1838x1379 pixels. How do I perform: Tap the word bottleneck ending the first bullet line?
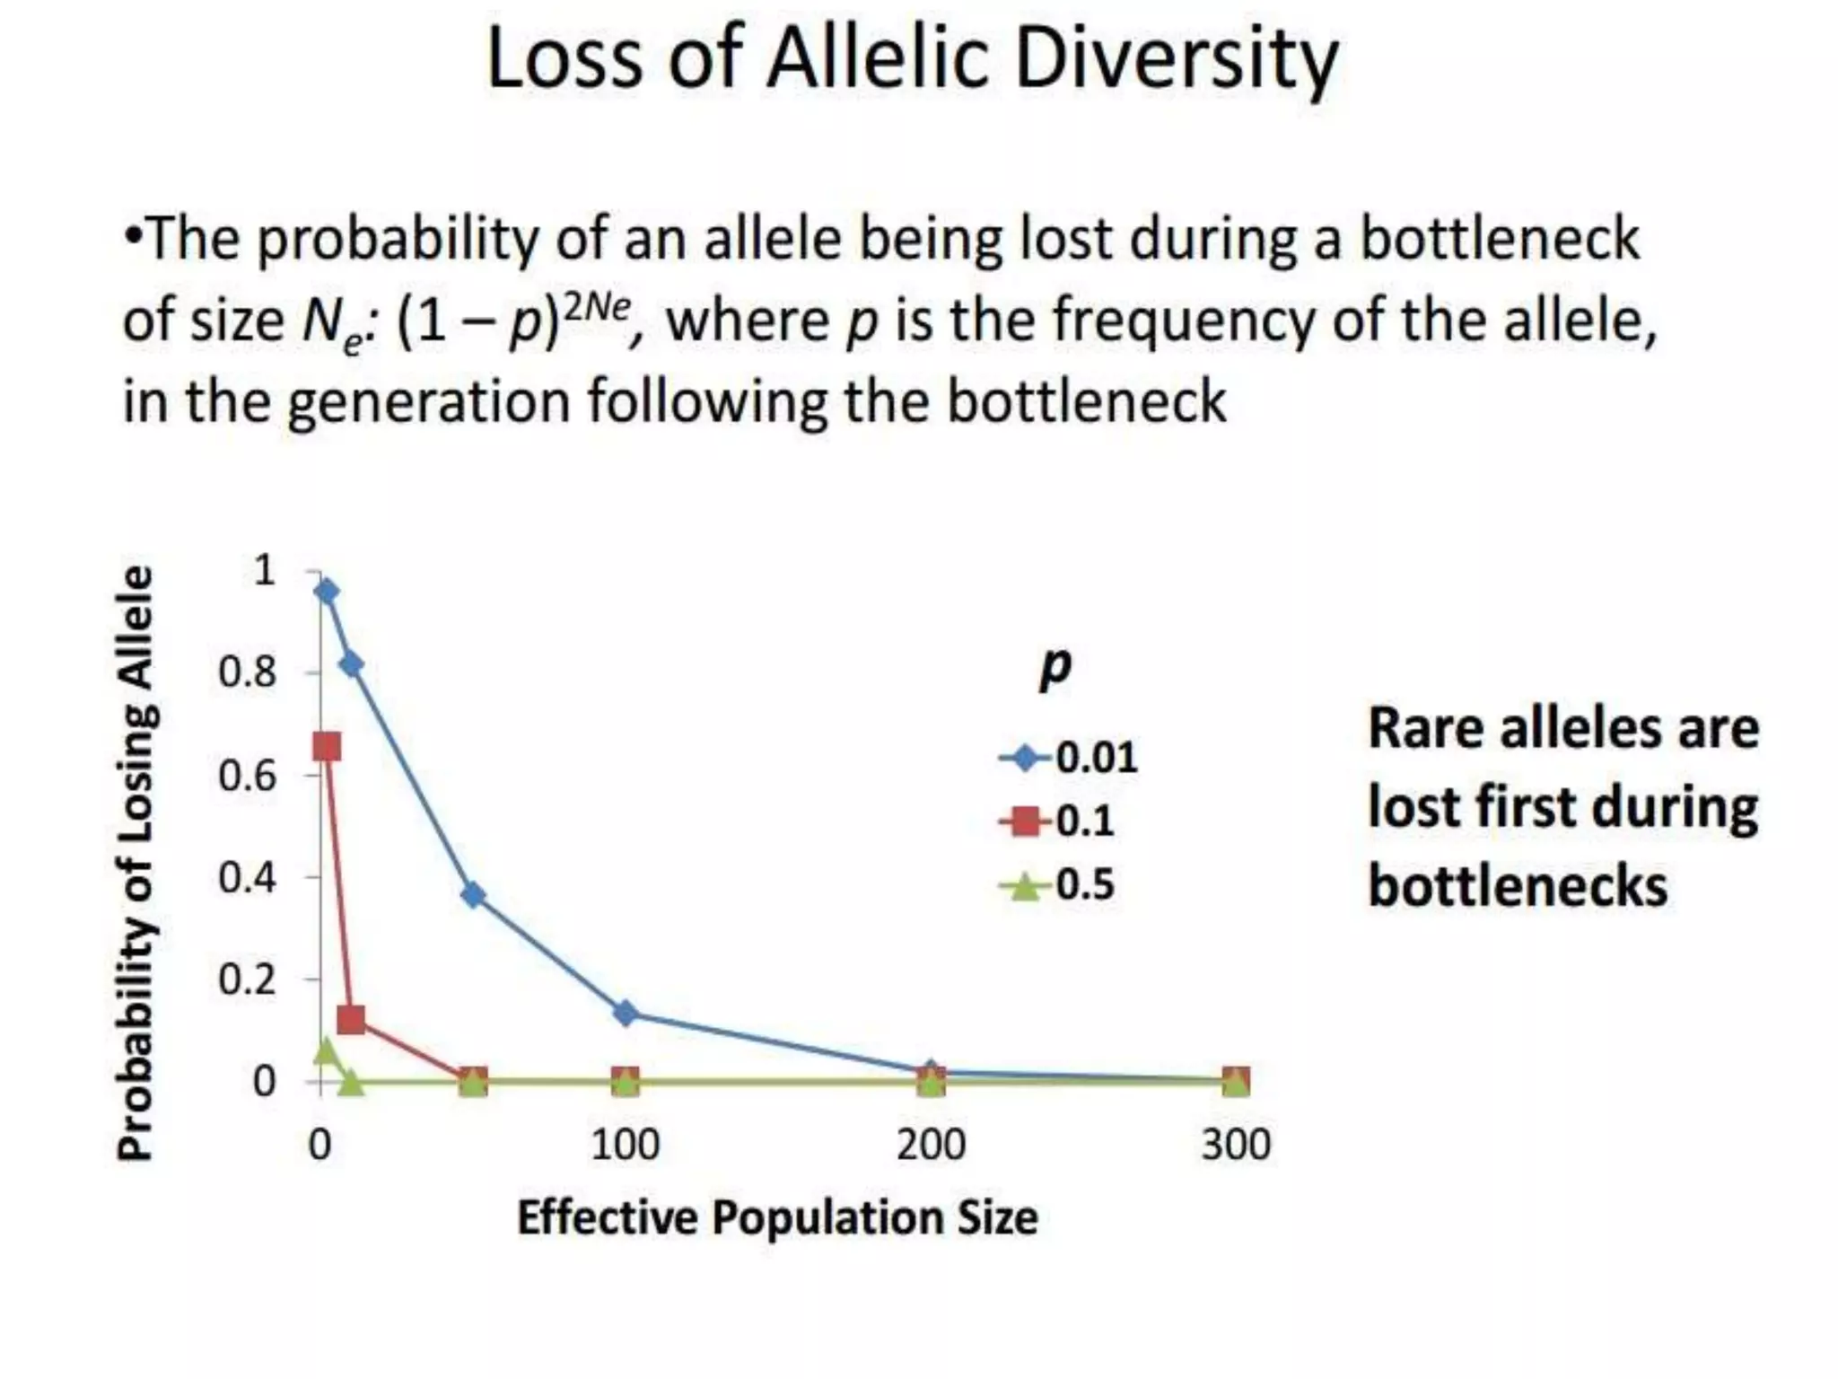[x=1500, y=241]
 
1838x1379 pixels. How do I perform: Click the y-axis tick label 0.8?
[x=247, y=672]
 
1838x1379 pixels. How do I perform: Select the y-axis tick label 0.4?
[x=247, y=877]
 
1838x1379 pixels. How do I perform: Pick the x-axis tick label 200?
[x=931, y=1146]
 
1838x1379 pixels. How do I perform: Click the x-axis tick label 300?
[x=1236, y=1146]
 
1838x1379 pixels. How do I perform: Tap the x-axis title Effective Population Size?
[x=777, y=1218]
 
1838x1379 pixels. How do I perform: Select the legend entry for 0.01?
[x=1068, y=758]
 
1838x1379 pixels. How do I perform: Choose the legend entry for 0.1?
[x=1057, y=821]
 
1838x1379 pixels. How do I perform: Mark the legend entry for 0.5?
[x=1057, y=885]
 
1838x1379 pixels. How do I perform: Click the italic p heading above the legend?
[x=1055, y=666]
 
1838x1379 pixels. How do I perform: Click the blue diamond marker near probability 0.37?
[x=473, y=895]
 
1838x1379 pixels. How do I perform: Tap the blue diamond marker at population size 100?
[x=626, y=1014]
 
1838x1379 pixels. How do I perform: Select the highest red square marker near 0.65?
[x=327, y=746]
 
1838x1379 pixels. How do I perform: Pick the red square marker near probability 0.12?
[x=351, y=1019]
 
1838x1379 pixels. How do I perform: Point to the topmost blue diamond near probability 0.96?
[x=327, y=591]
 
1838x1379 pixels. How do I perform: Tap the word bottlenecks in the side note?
[x=1517, y=887]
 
